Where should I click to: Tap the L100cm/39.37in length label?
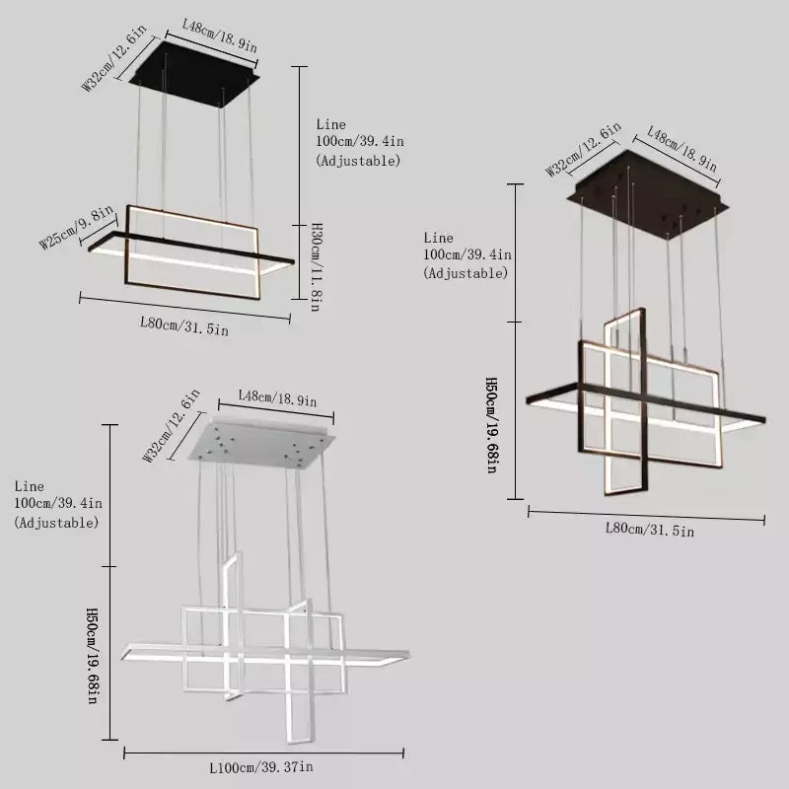coord(261,766)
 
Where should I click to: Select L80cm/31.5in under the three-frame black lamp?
coord(649,530)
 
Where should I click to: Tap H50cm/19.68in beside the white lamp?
coord(91,656)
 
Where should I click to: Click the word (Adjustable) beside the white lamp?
coord(56,522)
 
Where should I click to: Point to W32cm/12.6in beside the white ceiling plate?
coord(172,425)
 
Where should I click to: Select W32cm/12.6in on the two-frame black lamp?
coord(114,61)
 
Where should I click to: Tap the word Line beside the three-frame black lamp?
coord(438,238)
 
